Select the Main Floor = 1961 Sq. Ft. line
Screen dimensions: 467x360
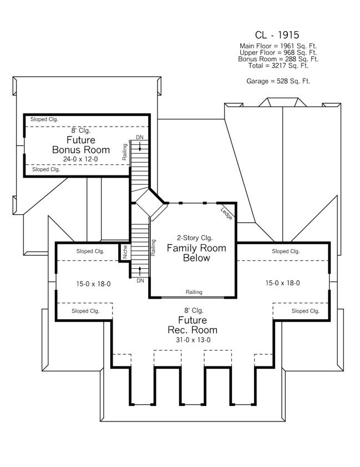tap(278, 46)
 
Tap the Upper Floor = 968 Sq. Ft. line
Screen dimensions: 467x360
tap(278, 52)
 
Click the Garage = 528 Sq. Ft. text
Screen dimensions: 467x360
tap(278, 81)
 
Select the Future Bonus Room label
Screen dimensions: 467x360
tap(81, 145)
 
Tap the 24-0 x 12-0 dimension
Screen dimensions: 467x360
tap(81, 159)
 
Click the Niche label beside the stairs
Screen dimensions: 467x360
tap(125, 253)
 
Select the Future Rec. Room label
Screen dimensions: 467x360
tap(193, 325)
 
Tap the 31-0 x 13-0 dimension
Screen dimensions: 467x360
tap(193, 340)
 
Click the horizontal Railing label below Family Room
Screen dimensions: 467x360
tap(194, 292)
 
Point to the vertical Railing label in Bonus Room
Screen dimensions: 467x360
tap(125, 152)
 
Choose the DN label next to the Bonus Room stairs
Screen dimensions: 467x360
tap(140, 137)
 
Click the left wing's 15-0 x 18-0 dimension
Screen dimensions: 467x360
tap(93, 283)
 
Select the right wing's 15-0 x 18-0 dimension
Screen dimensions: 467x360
tap(283, 283)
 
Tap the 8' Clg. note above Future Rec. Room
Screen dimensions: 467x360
tap(192, 310)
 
